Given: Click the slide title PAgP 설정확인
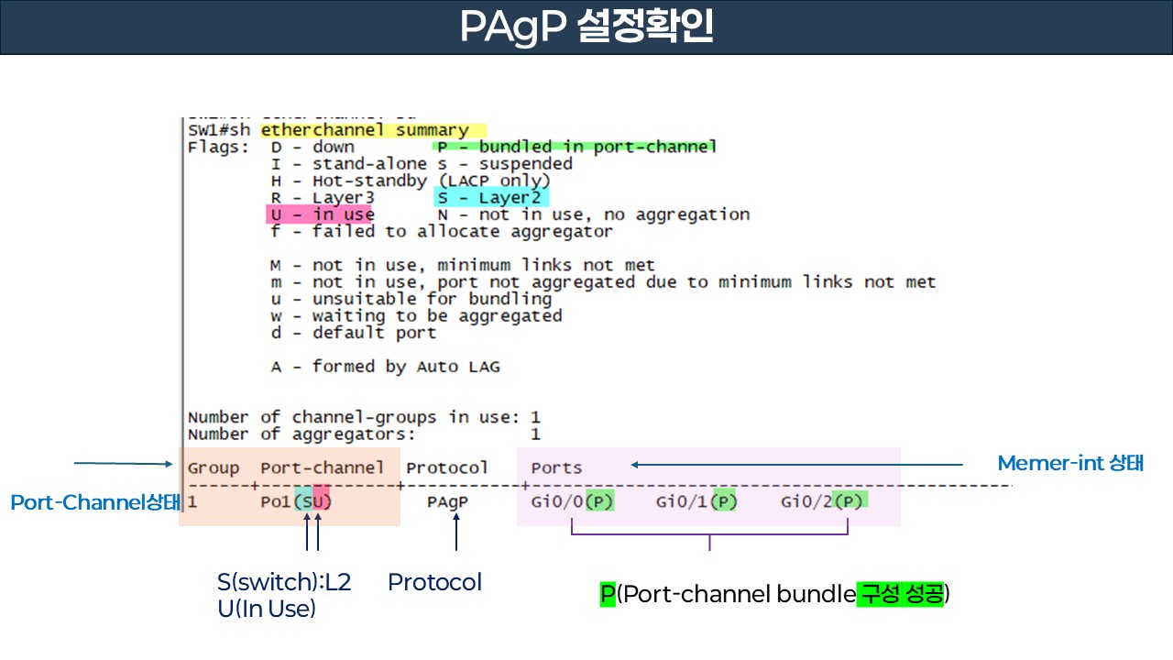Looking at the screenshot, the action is (586, 27).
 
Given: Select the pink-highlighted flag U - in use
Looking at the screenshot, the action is (320, 214).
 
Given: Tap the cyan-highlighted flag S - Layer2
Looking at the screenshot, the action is (490, 197).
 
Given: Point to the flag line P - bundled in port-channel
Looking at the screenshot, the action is (576, 147).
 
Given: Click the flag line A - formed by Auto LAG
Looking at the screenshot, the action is (385, 367).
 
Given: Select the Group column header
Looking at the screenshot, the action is (214, 467).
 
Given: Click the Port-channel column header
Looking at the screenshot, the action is (323, 467).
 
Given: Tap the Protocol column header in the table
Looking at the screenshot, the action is (447, 467).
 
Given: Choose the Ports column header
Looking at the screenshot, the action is (556, 467).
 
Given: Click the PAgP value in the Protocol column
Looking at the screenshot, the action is (447, 502).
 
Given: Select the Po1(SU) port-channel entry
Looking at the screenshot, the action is (296, 502).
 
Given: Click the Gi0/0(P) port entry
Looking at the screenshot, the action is (572, 501).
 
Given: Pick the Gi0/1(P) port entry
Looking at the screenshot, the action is (696, 501).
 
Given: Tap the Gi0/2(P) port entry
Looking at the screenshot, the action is (822, 501).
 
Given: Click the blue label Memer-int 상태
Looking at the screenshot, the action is (1070, 463).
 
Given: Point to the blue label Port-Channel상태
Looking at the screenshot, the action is (94, 502).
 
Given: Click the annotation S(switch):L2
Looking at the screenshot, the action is (284, 582).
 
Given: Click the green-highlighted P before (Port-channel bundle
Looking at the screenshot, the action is (608, 594).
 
